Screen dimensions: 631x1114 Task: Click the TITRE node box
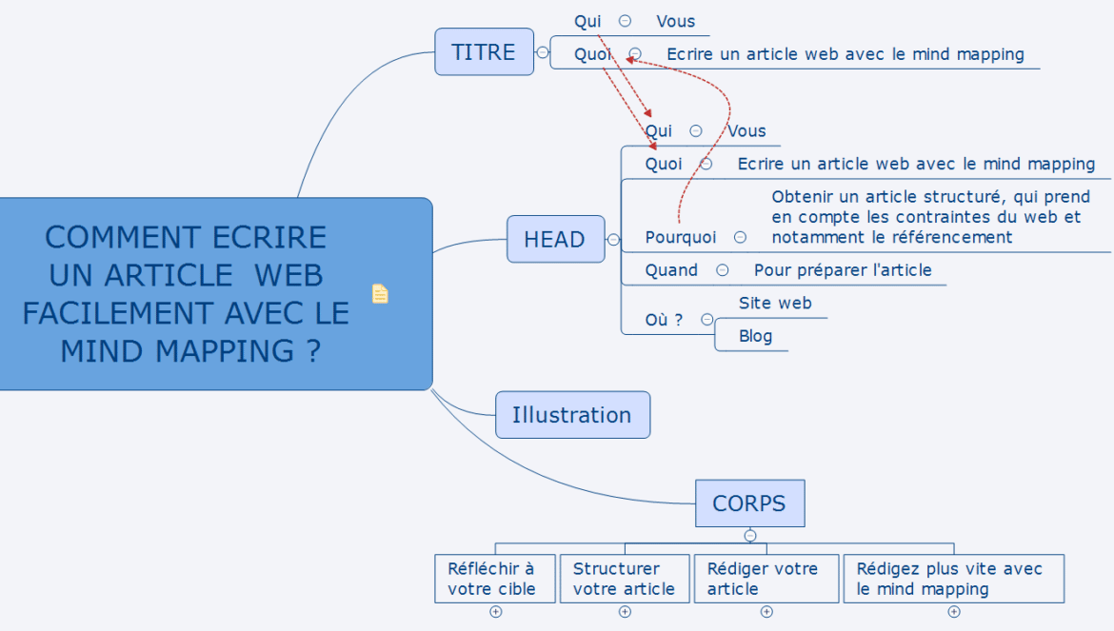484,51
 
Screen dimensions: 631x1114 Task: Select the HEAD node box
555,239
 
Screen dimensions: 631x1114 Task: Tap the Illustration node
572,415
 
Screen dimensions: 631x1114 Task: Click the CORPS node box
749,503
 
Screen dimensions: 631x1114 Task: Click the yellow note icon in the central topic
380,294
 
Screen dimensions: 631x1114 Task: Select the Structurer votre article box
625,579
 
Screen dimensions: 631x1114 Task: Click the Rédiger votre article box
766,579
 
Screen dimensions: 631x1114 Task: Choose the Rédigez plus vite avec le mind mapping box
952,579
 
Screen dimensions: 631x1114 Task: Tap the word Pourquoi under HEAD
681,237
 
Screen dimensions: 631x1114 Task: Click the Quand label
671,270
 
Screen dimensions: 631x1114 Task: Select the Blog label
755,336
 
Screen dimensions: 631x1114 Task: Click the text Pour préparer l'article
843,270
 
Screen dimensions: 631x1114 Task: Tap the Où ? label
664,320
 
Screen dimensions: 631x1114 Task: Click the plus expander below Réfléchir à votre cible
495,612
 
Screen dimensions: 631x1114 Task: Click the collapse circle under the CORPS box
750,536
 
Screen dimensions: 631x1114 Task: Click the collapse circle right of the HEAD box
613,239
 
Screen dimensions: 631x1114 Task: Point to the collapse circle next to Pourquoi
740,237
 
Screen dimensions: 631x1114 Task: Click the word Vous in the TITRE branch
675,21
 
